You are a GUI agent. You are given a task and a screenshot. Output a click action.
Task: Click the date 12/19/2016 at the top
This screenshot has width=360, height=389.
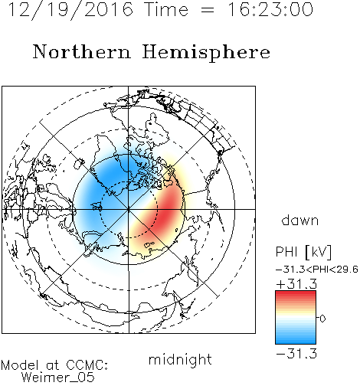click(x=70, y=10)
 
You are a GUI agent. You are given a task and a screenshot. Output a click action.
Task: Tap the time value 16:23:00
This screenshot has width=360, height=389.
click(x=270, y=10)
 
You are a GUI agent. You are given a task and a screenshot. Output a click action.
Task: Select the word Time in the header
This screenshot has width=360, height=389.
click(x=166, y=10)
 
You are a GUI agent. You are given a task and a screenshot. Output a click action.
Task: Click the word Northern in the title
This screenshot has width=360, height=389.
click(x=82, y=51)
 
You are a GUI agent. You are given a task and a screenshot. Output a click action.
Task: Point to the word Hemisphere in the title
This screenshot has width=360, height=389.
click(x=206, y=53)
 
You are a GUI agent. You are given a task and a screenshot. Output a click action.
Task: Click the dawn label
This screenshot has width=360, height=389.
click(x=300, y=220)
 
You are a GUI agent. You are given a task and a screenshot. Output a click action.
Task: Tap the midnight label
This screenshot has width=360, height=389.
click(x=180, y=360)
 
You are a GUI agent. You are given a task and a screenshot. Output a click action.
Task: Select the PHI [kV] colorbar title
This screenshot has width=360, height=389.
click(x=303, y=252)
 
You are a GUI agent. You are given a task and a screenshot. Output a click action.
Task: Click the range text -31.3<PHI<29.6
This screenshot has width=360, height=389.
click(x=317, y=270)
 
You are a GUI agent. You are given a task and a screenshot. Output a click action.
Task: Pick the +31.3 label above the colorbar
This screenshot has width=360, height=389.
click(x=296, y=283)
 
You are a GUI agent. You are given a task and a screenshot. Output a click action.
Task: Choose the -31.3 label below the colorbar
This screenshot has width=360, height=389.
click(x=296, y=354)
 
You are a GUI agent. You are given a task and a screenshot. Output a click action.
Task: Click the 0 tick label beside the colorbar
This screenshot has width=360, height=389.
click(x=322, y=319)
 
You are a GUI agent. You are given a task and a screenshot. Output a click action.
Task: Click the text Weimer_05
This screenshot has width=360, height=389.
click(x=58, y=378)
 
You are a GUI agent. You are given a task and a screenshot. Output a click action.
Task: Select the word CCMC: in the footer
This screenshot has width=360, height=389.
click(x=87, y=365)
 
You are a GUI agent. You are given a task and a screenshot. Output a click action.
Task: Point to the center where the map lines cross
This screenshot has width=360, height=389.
click(x=129, y=209)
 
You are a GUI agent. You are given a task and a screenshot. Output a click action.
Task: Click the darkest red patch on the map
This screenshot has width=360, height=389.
click(x=167, y=210)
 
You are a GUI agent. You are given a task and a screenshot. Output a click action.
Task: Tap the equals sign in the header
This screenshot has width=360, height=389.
click(x=208, y=10)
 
